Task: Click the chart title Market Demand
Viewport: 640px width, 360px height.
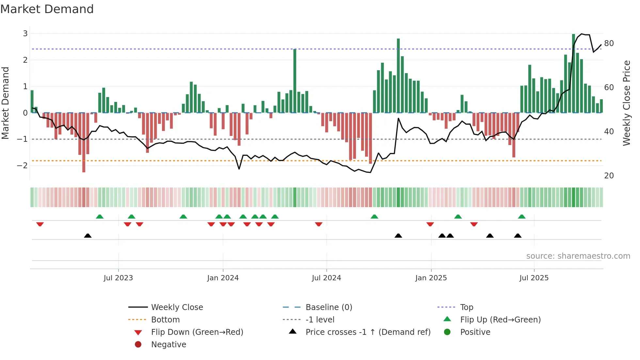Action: click(x=47, y=9)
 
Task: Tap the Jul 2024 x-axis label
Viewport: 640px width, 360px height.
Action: click(x=326, y=278)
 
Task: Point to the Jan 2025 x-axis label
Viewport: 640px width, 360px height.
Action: click(x=431, y=278)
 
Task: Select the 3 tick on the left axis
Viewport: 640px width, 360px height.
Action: click(x=25, y=34)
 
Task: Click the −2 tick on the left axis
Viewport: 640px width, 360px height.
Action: click(x=23, y=166)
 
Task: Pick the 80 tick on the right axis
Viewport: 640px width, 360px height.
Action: click(x=609, y=43)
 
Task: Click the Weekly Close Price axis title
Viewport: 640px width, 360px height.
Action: click(x=626, y=103)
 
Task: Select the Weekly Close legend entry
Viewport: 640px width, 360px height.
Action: click(x=177, y=307)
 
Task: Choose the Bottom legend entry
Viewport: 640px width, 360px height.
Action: click(x=165, y=320)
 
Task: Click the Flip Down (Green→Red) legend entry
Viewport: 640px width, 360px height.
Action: click(x=197, y=332)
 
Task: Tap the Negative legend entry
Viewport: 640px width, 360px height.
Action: click(x=168, y=345)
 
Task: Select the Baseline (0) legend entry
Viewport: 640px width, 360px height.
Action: click(x=328, y=307)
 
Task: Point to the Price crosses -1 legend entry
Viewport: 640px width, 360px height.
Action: click(x=368, y=332)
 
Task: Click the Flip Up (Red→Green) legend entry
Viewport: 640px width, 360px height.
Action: click(x=500, y=320)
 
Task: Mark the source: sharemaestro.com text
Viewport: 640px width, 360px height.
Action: click(x=578, y=256)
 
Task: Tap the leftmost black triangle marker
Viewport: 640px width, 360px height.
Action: click(x=88, y=236)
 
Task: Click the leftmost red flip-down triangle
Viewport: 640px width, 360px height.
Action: click(x=40, y=224)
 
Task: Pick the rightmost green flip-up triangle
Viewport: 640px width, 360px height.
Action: click(x=521, y=217)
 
